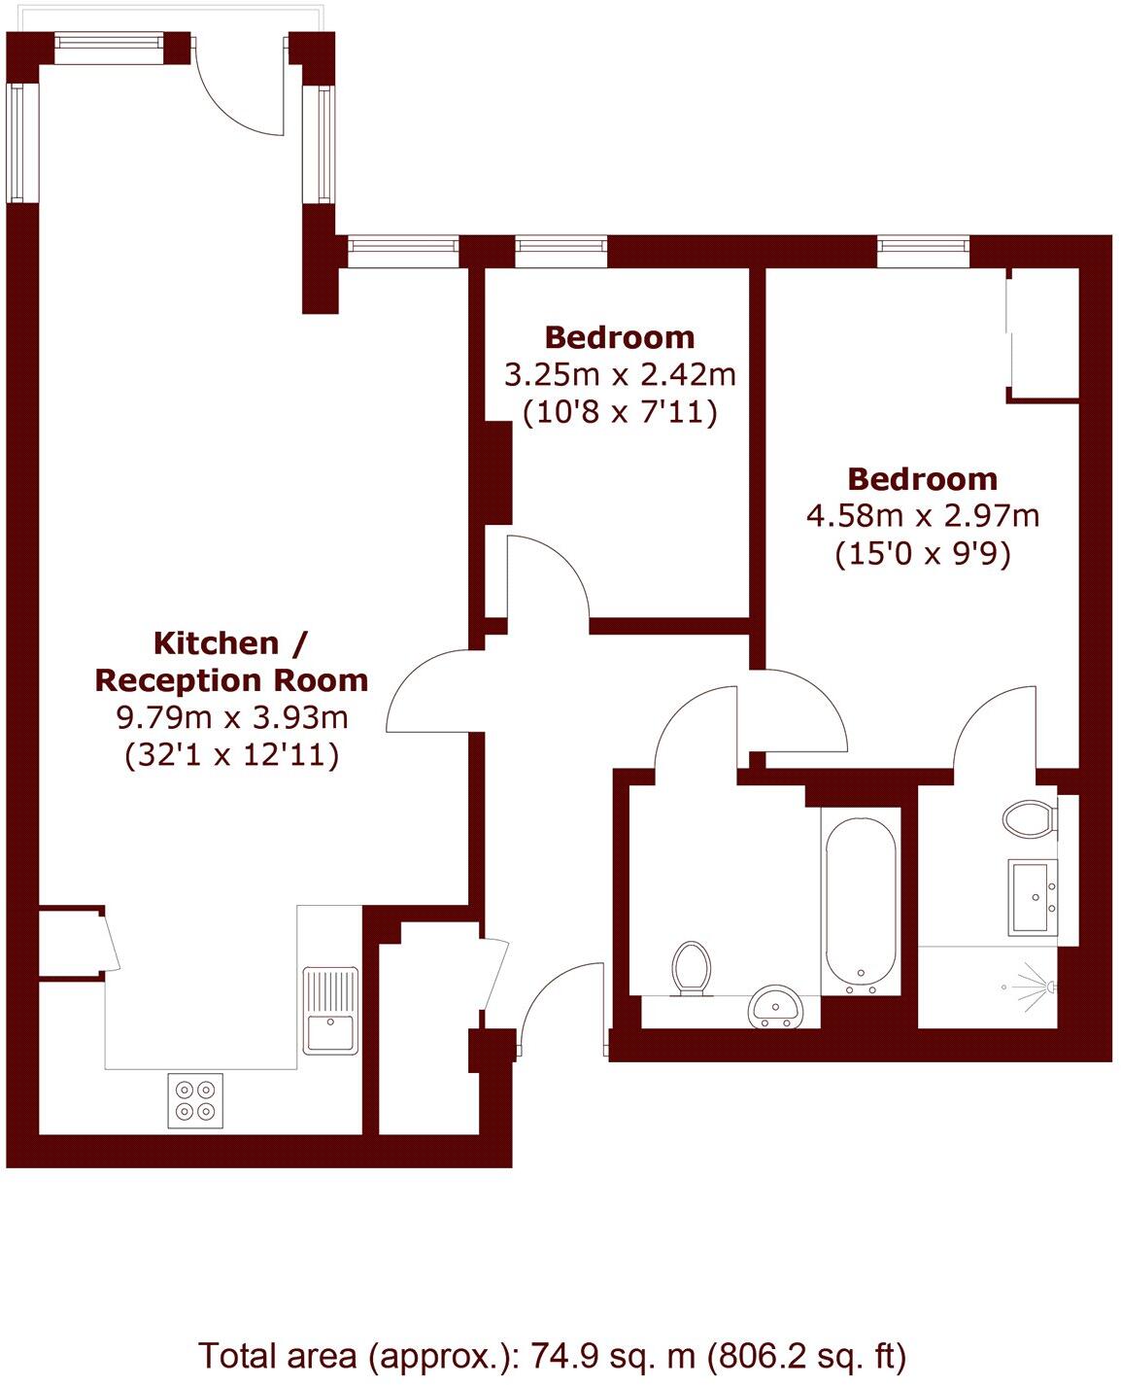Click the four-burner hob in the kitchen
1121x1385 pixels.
pos(195,1100)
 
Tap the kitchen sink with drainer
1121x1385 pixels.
pos(330,1011)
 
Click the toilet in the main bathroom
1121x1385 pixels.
pos(691,968)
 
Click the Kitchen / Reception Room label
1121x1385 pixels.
pos(231,661)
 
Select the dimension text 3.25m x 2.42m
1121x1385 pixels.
pos(620,374)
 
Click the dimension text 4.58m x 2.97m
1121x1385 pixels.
pos(923,515)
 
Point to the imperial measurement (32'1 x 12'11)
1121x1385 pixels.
pos(231,755)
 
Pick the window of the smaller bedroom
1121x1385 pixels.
pos(561,252)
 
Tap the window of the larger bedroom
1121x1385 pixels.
pos(923,252)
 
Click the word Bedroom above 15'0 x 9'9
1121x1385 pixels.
pos(923,478)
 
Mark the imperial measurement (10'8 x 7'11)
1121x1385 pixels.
pos(620,413)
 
